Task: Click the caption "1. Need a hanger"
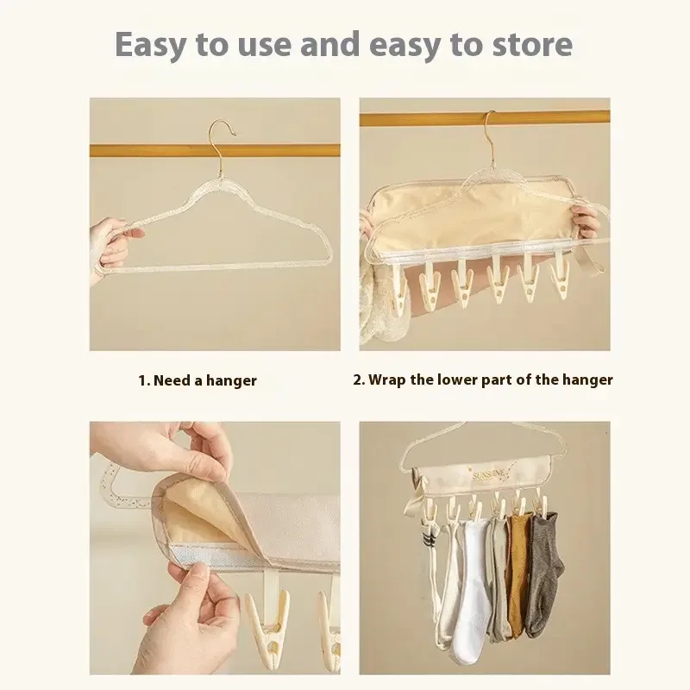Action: coord(198,380)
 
